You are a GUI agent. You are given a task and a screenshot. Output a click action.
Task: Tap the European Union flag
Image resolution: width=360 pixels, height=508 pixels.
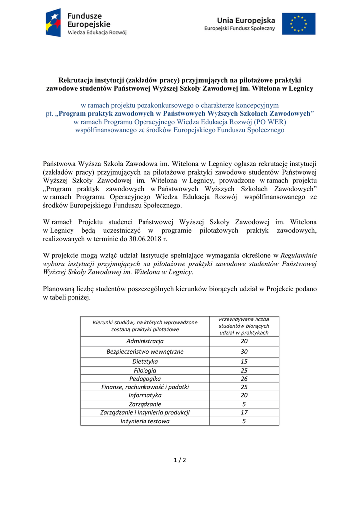coord(298,23)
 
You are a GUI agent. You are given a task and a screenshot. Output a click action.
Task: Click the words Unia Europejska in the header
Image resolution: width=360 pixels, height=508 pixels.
coord(246,20)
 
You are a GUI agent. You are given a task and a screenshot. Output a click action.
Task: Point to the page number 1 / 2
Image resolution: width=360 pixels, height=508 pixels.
coord(180,460)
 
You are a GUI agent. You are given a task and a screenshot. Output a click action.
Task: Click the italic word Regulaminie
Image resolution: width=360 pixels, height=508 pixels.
coord(299,255)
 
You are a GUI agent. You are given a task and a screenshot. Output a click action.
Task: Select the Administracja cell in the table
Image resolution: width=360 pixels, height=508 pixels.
coord(144,341)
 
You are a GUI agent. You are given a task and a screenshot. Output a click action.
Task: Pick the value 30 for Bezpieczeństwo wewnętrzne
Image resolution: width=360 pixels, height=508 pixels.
coord(244,352)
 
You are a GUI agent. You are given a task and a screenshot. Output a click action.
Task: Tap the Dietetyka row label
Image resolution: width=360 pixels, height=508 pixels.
coord(144,362)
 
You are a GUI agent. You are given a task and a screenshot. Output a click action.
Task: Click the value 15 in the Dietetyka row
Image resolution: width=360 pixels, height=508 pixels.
coord(244,362)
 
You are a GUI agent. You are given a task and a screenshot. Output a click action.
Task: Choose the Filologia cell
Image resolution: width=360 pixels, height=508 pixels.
coord(144,371)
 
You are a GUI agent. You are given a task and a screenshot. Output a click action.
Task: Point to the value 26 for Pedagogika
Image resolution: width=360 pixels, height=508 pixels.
coord(244,379)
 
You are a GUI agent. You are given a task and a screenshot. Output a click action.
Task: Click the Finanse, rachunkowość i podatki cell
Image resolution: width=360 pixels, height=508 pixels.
coord(144,387)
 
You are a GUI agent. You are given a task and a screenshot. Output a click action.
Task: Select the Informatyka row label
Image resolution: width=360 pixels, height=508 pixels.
coord(144,395)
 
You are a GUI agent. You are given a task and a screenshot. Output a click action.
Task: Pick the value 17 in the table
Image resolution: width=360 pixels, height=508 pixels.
coord(244,412)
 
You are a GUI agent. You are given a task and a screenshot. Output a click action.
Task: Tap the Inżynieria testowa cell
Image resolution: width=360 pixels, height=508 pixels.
coord(144,421)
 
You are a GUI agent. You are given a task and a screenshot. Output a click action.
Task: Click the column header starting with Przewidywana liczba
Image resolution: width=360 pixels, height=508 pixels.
coord(244,326)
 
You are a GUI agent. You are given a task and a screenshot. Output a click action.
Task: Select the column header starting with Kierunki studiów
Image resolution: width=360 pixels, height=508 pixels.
coord(144,326)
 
